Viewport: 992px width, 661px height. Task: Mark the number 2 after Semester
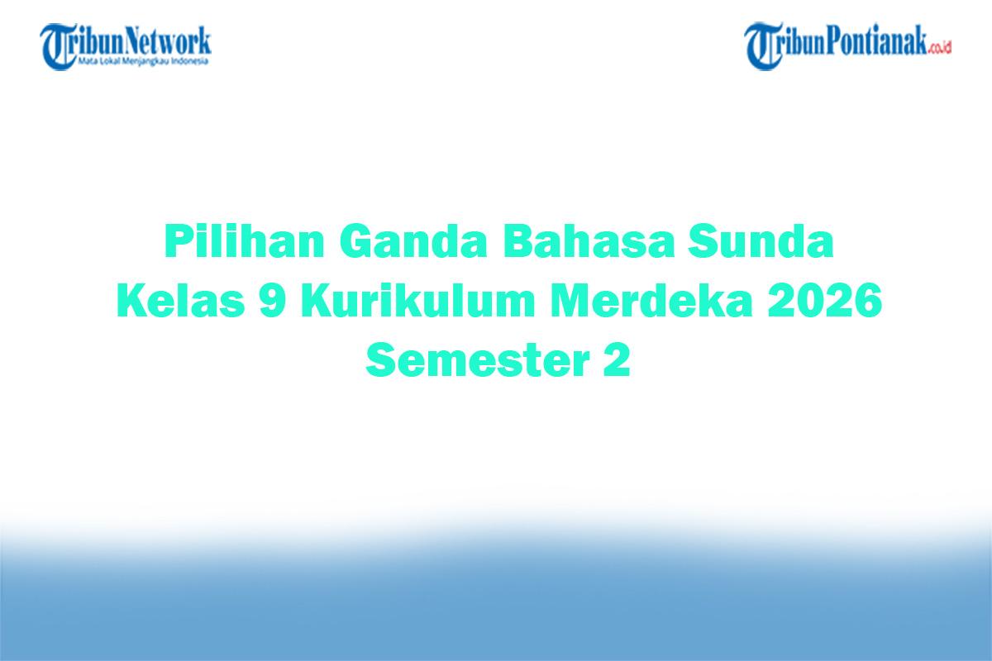tap(613, 361)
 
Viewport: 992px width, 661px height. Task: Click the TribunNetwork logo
tap(126, 45)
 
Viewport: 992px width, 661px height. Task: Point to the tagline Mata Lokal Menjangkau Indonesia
tap(143, 62)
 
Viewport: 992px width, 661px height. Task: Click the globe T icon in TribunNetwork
tap(57, 46)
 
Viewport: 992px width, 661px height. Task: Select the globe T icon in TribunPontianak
tap(762, 46)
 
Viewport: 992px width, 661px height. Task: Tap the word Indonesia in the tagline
tap(191, 62)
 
